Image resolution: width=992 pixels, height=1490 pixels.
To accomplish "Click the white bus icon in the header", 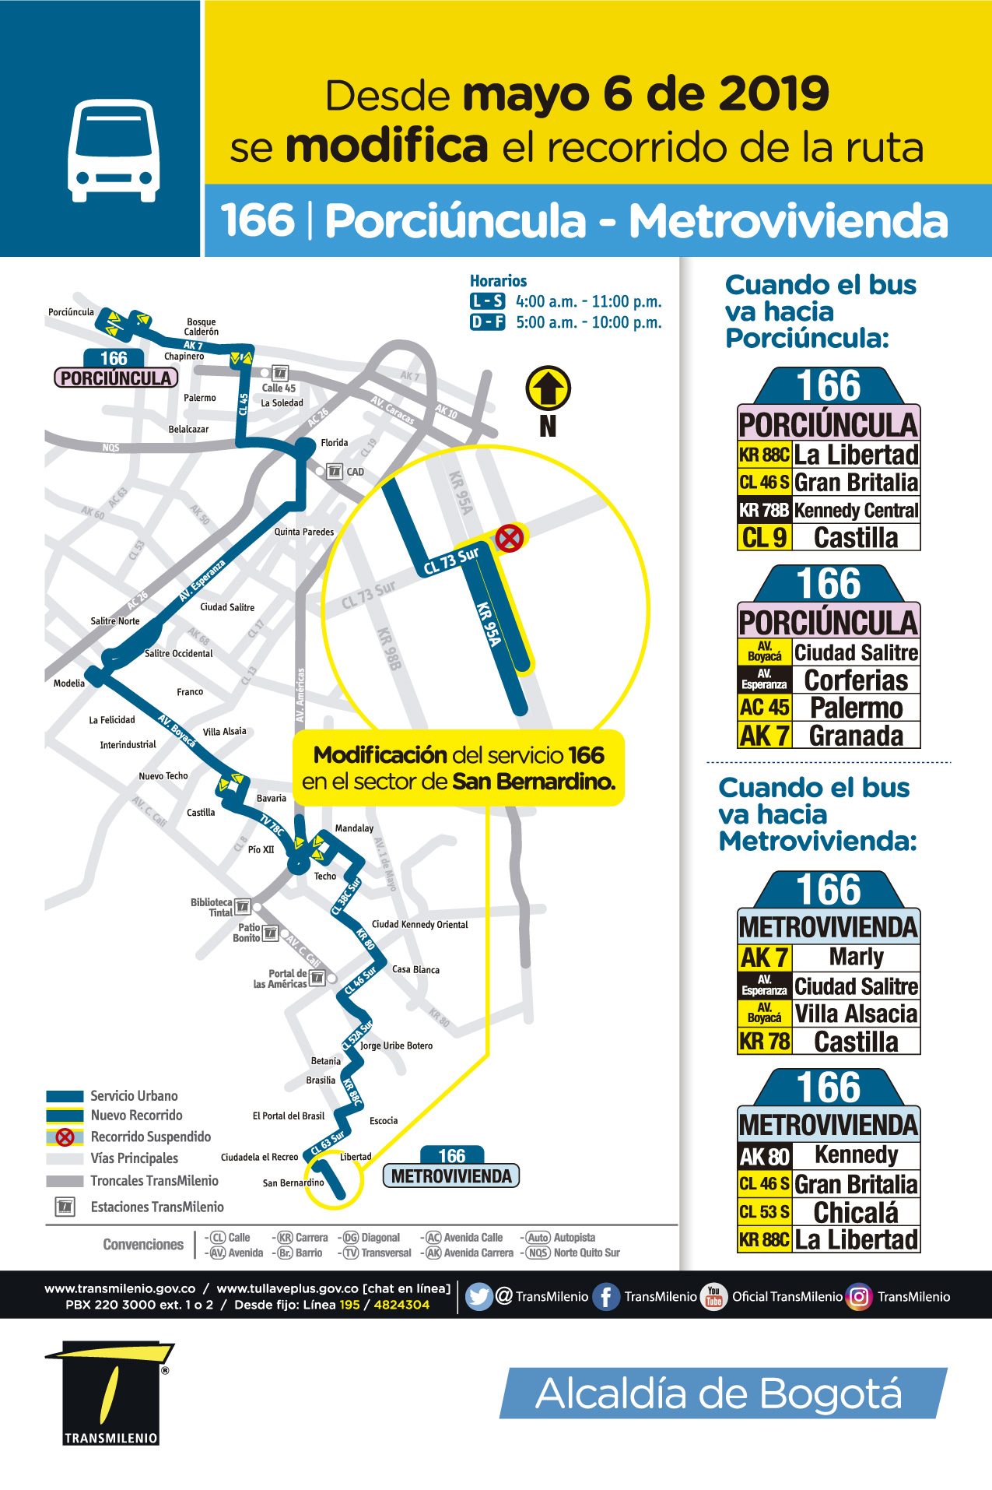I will coord(114,150).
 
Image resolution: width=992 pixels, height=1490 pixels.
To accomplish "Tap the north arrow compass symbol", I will coord(549,388).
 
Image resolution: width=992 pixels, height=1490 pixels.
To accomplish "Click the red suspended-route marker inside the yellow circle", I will coord(509,538).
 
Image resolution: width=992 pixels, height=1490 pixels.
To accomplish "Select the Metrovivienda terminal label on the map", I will coord(451,1175).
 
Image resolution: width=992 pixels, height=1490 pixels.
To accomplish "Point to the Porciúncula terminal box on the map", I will coord(116,378).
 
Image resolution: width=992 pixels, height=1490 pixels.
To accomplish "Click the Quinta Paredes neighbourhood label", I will coord(303,532).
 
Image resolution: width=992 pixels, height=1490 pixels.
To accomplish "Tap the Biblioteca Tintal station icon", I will coord(243,906).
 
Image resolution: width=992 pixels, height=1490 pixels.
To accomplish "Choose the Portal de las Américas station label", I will coord(280,979).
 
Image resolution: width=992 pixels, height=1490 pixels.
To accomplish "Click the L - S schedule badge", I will coord(487,301).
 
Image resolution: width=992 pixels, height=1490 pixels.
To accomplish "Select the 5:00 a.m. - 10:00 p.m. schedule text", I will coord(588,322).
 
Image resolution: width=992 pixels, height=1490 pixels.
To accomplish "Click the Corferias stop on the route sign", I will coord(856,680).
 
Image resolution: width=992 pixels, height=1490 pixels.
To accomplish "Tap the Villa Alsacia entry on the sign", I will coord(856,1014).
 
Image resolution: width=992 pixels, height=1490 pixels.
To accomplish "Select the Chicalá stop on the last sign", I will coord(856,1212).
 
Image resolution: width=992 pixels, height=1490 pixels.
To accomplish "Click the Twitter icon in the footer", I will coord(479,1296).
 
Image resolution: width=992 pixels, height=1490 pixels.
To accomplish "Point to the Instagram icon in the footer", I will coord(859,1296).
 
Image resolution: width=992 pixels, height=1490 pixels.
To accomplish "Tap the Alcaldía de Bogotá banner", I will coord(723,1393).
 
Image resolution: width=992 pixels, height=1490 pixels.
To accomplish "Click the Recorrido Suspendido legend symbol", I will coord(65,1137).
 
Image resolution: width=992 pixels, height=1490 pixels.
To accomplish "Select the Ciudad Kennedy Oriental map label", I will coord(419,925).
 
